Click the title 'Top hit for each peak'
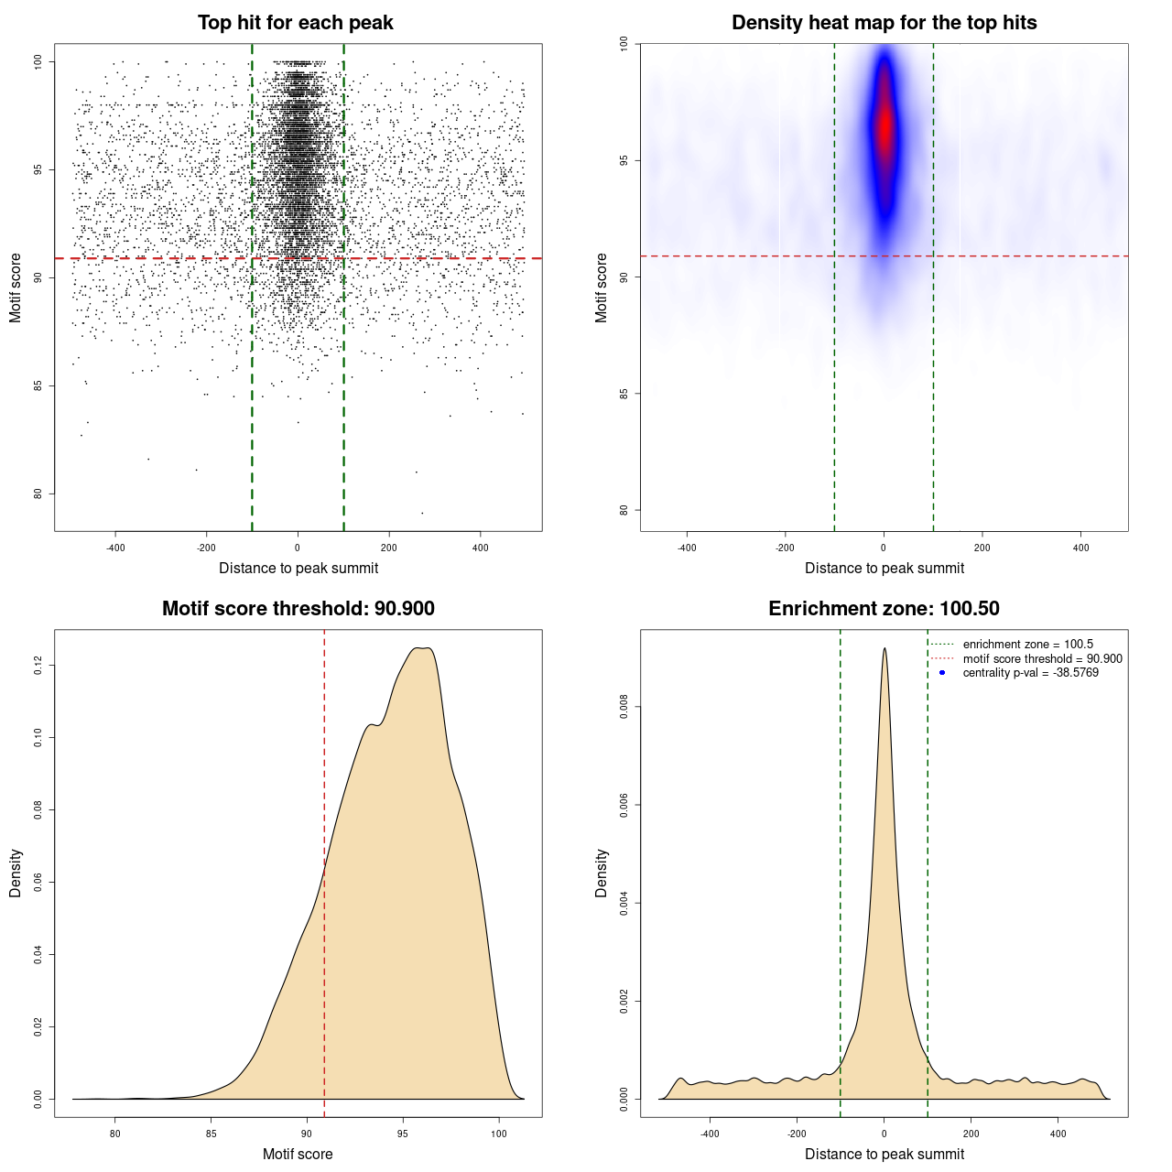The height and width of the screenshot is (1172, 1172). (x=296, y=23)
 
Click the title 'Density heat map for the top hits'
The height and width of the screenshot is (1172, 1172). (x=884, y=23)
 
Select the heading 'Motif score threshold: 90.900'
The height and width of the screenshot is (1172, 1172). (x=298, y=609)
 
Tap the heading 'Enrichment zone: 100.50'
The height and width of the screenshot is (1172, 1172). (x=884, y=609)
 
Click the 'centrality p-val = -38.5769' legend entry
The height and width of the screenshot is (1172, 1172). (x=1030, y=673)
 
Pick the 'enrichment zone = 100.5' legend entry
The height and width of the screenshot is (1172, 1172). (x=1027, y=645)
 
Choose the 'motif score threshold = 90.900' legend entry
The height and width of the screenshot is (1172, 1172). (x=1042, y=659)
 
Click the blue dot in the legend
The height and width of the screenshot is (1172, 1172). (x=942, y=673)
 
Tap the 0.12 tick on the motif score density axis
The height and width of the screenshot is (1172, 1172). (x=38, y=666)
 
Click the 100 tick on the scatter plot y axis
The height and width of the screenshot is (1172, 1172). (x=38, y=61)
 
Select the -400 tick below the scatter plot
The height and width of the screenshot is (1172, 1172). (x=115, y=548)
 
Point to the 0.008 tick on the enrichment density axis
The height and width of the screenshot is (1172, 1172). (x=624, y=707)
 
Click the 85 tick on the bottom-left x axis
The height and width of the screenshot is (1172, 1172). (x=212, y=1134)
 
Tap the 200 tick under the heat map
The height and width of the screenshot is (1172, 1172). (x=982, y=548)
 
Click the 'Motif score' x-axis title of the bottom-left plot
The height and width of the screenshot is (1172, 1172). (x=298, y=1154)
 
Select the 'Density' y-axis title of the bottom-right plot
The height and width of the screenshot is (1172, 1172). (x=602, y=873)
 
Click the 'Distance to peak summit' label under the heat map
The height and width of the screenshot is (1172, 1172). (x=884, y=569)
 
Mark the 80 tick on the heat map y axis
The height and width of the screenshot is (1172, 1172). (x=624, y=510)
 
